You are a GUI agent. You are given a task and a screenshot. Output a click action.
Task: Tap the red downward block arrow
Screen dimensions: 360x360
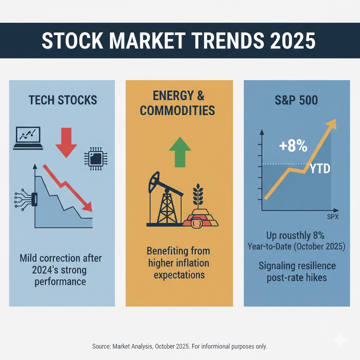pos(66,142)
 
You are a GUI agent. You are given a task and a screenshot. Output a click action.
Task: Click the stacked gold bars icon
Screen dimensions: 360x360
pos(201,219)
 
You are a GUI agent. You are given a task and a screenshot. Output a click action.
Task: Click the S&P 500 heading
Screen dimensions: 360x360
pos(296,100)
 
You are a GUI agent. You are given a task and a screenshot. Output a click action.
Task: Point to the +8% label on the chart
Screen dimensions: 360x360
pos(293,146)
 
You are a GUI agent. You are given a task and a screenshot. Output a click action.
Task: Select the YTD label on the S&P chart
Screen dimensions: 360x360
pos(320,169)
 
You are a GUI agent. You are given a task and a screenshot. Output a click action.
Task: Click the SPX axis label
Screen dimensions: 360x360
pos(332,217)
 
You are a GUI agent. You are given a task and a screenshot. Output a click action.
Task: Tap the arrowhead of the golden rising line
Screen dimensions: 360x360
pos(331,124)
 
